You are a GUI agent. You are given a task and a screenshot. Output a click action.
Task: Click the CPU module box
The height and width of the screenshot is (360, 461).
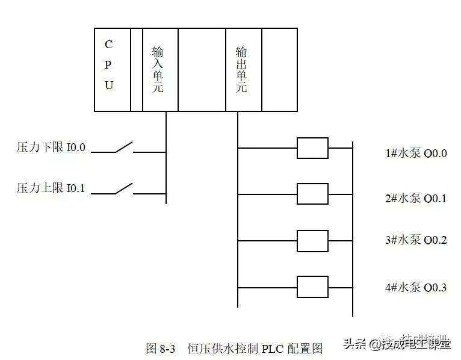(113, 69)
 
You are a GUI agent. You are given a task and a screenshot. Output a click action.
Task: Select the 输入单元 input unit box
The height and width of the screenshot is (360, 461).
(160, 69)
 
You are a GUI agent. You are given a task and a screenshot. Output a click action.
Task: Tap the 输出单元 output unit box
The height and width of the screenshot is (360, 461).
(244, 69)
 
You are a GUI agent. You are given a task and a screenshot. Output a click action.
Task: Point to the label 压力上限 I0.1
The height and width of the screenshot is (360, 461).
(51, 189)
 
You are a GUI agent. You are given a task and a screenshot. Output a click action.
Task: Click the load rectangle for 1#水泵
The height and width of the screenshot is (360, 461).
(312, 147)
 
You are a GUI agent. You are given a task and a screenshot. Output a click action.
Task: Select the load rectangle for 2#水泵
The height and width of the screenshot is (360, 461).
(312, 194)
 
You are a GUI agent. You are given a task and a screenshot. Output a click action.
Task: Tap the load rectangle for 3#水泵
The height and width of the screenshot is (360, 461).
(312, 240)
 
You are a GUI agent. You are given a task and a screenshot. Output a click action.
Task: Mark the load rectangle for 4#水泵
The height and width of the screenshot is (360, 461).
(312, 287)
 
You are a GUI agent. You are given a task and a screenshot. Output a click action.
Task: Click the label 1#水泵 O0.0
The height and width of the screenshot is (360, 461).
(416, 153)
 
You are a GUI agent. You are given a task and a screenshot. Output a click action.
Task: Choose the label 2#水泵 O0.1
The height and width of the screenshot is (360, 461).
(416, 198)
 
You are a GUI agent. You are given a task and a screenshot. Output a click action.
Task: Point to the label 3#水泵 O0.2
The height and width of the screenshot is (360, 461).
(416, 240)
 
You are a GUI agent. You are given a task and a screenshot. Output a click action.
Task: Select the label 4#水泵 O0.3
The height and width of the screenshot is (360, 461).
(416, 287)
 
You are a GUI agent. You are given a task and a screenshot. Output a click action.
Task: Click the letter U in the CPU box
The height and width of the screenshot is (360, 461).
(109, 85)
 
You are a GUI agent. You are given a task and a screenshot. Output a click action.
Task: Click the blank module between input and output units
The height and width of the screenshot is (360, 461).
(202, 69)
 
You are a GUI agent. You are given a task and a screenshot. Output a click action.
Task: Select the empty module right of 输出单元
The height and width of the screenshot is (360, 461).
(279, 69)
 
